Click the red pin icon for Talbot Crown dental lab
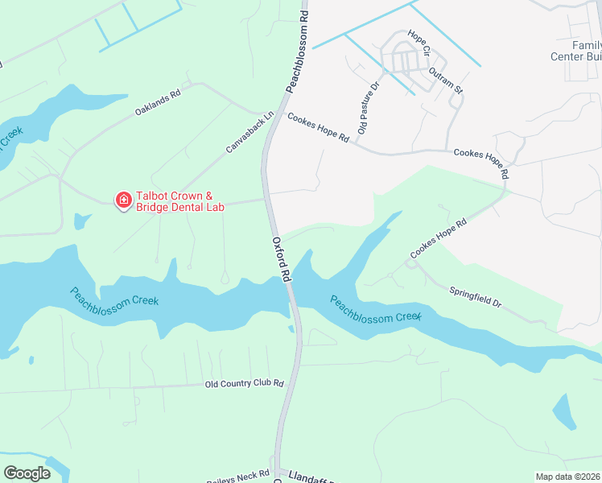point(123,200)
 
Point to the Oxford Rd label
point(281,258)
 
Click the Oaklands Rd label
point(158,103)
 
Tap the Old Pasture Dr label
point(368,107)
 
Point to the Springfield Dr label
point(475,298)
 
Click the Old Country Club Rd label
point(245,384)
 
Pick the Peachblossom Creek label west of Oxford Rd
point(113,296)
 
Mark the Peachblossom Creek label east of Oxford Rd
point(376,308)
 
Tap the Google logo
point(27,473)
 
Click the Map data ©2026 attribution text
point(567,477)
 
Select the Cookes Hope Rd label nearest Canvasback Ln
point(318,128)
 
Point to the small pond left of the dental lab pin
point(81,221)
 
